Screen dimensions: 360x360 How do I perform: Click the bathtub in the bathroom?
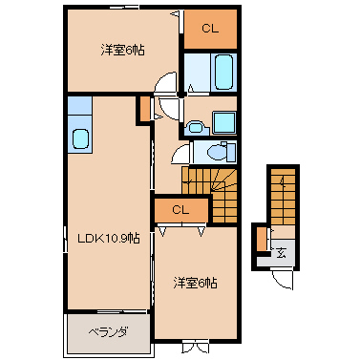click(x=223, y=72)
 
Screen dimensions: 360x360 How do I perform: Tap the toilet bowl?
click(x=217, y=152)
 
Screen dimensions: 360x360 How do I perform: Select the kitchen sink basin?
click(x=80, y=138)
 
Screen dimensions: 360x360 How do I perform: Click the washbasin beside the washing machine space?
click(x=197, y=127)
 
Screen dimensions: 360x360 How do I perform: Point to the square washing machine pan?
click(x=224, y=122)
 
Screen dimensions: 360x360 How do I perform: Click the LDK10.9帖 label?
click(x=109, y=238)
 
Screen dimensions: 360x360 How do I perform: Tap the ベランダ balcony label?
click(x=108, y=332)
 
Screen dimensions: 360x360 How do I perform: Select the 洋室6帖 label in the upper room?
click(x=122, y=51)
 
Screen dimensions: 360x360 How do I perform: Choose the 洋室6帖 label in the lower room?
click(x=195, y=283)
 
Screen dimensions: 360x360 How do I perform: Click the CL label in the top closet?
click(x=210, y=29)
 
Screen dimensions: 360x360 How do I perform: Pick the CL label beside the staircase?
click(x=180, y=210)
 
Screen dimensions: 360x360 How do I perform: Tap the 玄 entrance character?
click(x=281, y=253)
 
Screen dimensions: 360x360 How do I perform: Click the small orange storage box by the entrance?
click(x=262, y=239)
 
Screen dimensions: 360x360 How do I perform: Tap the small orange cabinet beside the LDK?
click(x=144, y=109)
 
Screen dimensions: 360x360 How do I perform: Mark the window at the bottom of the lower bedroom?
click(x=196, y=346)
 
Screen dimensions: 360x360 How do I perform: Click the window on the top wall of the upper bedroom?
click(x=124, y=7)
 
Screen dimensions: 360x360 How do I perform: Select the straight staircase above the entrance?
click(x=283, y=197)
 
